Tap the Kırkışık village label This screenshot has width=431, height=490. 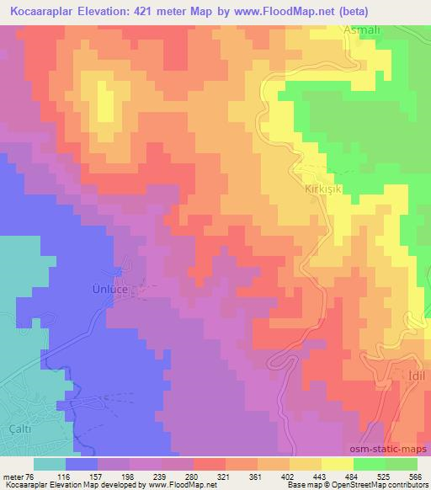pyautogui.click(x=324, y=190)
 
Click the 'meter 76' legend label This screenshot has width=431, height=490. pyautogui.click(x=15, y=476)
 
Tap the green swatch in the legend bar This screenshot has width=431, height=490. pyautogui.click(x=369, y=464)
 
